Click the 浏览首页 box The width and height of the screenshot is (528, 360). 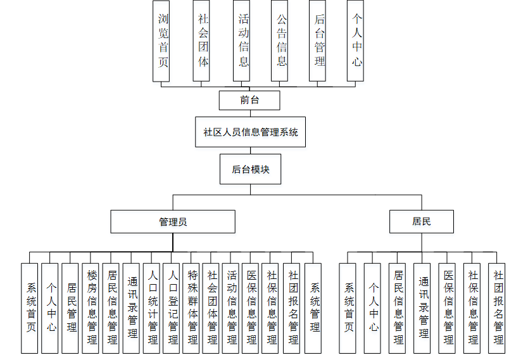coord(162,40)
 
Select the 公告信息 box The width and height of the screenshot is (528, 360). coord(280,40)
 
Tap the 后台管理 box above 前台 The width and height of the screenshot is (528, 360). coord(318,40)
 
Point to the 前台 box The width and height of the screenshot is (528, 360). coord(249,100)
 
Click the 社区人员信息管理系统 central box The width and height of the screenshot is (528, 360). coord(250,133)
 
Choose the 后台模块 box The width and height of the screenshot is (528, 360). coord(250,169)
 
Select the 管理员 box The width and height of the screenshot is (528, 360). coord(173,222)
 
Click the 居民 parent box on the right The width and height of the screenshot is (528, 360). coord(422,221)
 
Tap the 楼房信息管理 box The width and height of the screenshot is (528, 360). coord(91,308)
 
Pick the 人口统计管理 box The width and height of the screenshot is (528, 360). coord(152,308)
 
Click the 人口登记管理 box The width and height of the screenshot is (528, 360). coord(172,308)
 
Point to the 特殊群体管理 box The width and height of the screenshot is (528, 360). coord(192,308)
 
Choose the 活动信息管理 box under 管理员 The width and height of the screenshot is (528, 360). coord(232,308)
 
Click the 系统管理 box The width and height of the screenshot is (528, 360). coord(313,308)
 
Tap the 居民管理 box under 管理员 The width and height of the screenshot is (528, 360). coord(70,308)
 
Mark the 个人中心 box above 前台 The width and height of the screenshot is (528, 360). coord(356,40)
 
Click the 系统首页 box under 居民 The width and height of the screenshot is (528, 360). coord(348,308)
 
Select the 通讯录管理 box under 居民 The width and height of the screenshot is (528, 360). coord(422,308)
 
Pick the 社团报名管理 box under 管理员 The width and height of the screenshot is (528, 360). coord(292,308)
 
